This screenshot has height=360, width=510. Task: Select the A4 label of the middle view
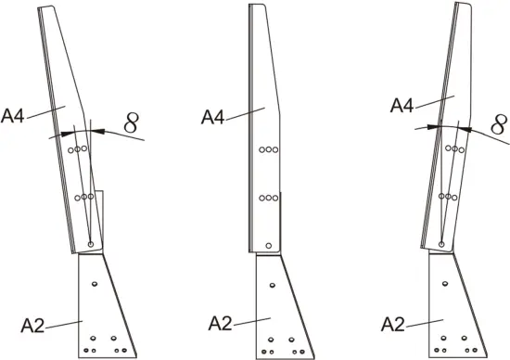pyautogui.click(x=214, y=117)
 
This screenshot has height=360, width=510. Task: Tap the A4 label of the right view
pyautogui.click(x=401, y=105)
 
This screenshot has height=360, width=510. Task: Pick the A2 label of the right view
pyautogui.click(x=396, y=324)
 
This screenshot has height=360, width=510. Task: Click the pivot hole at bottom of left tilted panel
pyautogui.click(x=91, y=244)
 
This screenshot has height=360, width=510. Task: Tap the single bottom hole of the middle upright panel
pyautogui.click(x=269, y=245)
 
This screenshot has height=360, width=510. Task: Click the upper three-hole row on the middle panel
pyautogui.click(x=268, y=149)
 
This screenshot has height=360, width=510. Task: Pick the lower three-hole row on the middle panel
pyautogui.click(x=268, y=197)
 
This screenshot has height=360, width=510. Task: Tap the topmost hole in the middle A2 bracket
pyautogui.click(x=270, y=283)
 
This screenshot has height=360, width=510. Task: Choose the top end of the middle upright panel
pyautogui.click(x=259, y=6)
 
